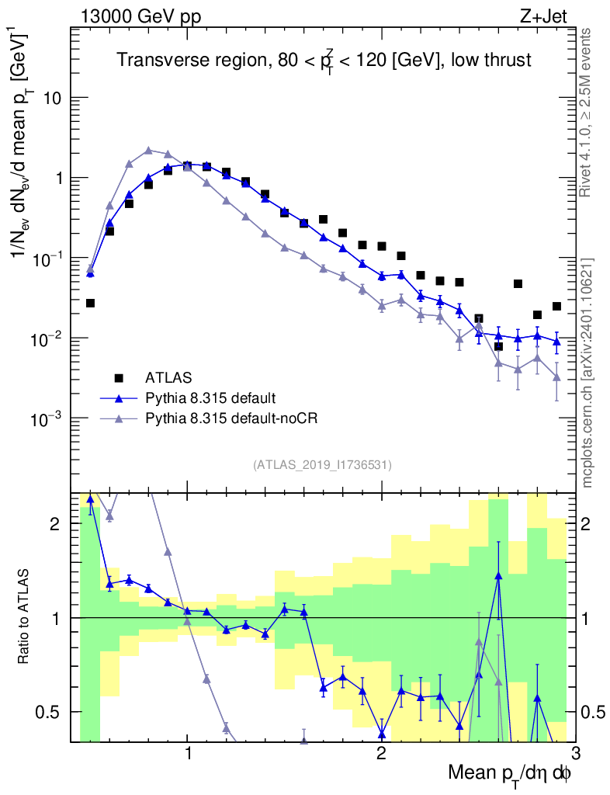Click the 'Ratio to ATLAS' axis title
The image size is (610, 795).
[x=24, y=618]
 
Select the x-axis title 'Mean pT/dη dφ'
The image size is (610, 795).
[x=509, y=773]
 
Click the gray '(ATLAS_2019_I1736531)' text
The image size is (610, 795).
[x=322, y=465]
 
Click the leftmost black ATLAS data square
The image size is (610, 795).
[x=90, y=303]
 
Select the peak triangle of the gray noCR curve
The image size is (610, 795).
[x=148, y=150]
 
